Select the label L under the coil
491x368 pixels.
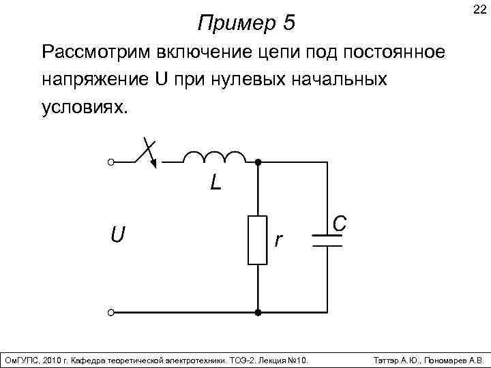click(x=215, y=183)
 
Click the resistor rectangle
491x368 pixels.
click(x=258, y=239)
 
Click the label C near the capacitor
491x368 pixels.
click(x=340, y=223)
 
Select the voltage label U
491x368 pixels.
click(x=117, y=235)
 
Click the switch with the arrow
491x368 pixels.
click(x=145, y=155)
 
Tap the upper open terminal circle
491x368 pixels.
click(x=111, y=163)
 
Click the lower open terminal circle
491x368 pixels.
click(x=111, y=313)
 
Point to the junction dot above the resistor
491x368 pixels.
click(x=258, y=163)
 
